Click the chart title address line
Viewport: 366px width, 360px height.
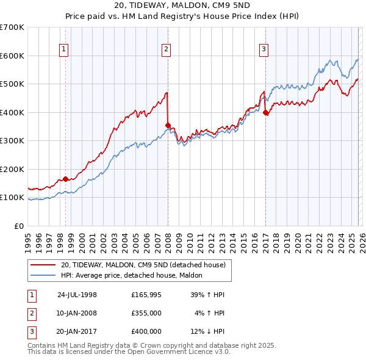pyautogui.click(x=182, y=5)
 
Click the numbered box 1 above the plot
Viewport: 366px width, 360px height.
pyautogui.click(x=64, y=50)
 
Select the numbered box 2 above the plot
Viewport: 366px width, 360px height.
pyautogui.click(x=166, y=50)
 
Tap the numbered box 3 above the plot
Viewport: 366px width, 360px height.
pyautogui.click(x=264, y=50)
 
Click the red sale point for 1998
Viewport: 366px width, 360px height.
pyautogui.click(x=66, y=179)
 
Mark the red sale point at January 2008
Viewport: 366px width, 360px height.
pyautogui.click(x=168, y=125)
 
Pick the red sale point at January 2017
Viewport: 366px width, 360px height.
pyautogui.click(x=265, y=112)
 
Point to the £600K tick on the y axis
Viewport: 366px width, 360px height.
pyautogui.click(x=12, y=56)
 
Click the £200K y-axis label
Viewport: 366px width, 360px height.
pyautogui.click(x=12, y=169)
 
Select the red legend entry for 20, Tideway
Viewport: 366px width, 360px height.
pyautogui.click(x=143, y=265)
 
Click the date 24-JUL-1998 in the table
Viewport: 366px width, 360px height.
pyautogui.click(x=77, y=295)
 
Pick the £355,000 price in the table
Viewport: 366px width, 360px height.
pyautogui.click(x=146, y=313)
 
